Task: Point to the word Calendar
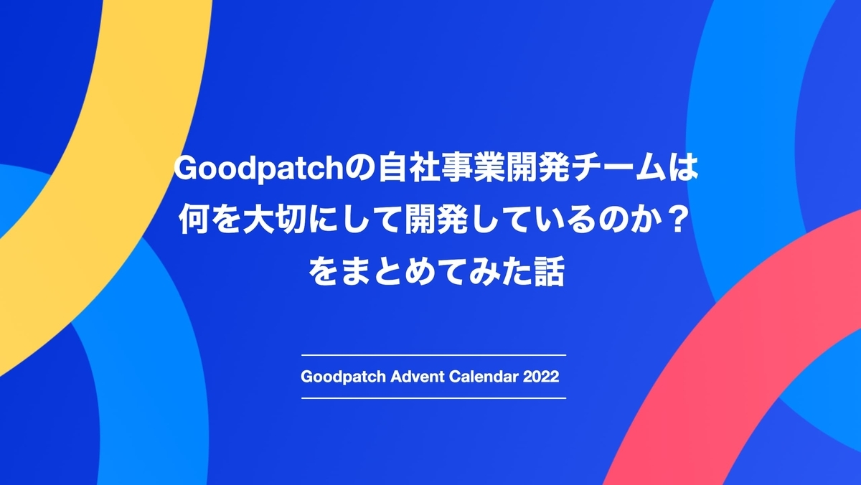tap(482, 377)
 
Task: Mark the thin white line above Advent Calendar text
tap(433, 355)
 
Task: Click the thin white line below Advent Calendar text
tap(433, 397)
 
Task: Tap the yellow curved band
tap(108, 143)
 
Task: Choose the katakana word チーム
tap(592, 171)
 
